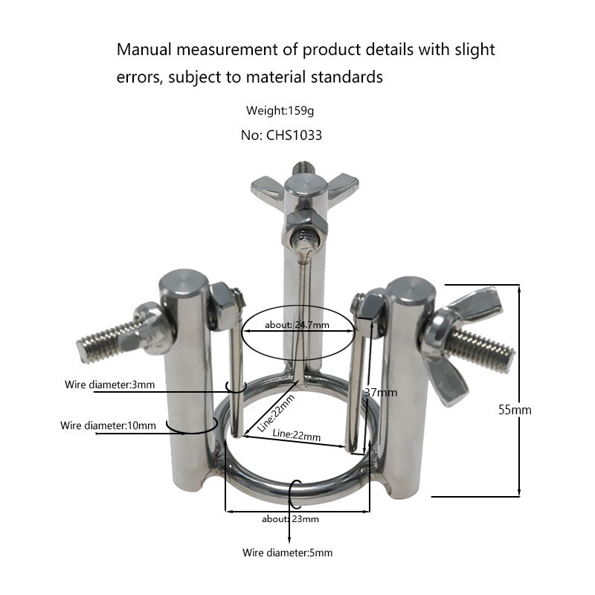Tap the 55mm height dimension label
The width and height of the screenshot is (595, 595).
pyautogui.click(x=515, y=409)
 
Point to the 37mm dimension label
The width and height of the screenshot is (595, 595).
pyautogui.click(x=381, y=392)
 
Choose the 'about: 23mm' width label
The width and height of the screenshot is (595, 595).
pyautogui.click(x=290, y=518)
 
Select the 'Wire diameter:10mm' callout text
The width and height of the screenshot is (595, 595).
pyautogui.click(x=108, y=425)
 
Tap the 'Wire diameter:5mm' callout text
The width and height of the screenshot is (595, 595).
pyautogui.click(x=288, y=553)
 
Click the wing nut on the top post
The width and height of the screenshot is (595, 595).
pyautogui.click(x=305, y=187)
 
